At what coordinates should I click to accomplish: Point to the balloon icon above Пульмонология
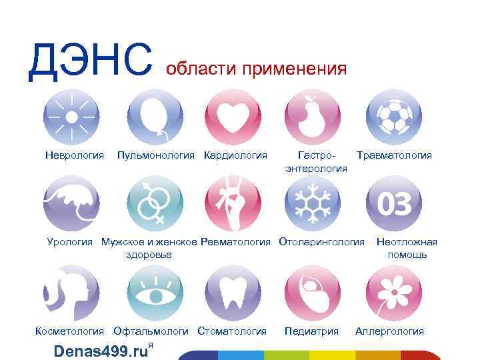pos(155,117)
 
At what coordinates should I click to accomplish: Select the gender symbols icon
pos(155,203)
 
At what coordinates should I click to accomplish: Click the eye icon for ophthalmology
pos(155,292)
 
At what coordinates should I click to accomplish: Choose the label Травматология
pos(394,155)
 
